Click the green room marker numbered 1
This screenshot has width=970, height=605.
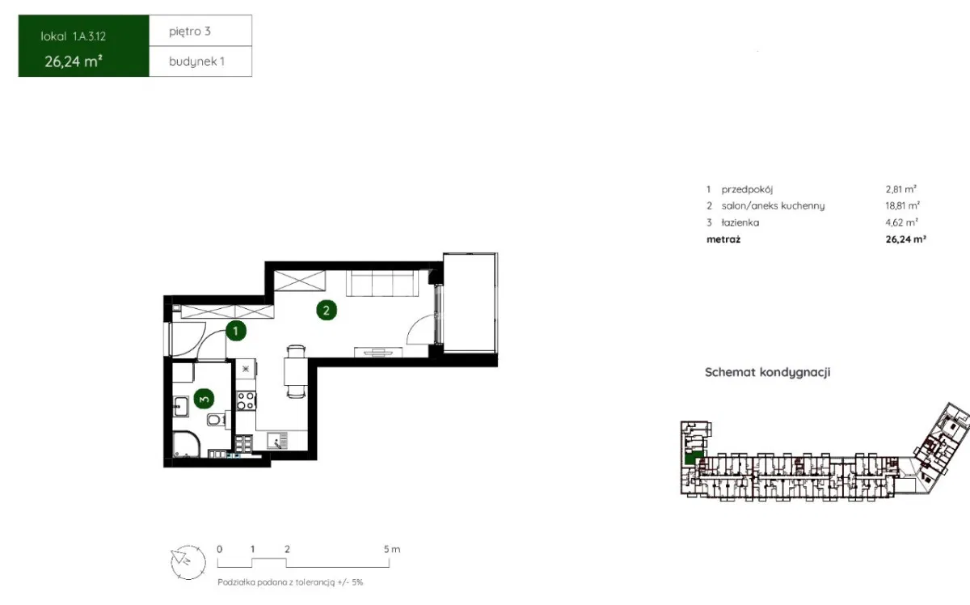[x=235, y=331]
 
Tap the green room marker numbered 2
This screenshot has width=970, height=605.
[x=327, y=311]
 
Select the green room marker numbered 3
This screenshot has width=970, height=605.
[x=204, y=399]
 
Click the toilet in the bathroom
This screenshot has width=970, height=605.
[x=217, y=420]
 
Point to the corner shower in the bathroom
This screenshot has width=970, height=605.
[x=186, y=444]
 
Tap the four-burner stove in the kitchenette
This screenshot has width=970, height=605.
[x=246, y=400]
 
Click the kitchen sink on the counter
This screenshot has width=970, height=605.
[x=277, y=440]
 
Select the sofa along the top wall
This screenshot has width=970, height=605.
[x=382, y=283]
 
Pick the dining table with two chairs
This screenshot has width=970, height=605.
[x=296, y=371]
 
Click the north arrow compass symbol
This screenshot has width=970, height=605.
[x=188, y=562]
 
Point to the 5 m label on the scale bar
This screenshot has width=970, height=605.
[x=392, y=549]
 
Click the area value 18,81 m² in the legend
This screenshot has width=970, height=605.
[x=902, y=205]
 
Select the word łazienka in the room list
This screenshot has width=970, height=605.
[x=740, y=222]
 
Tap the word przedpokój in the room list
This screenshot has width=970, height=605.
[x=747, y=189]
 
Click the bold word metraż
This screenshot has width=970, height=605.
[x=723, y=239]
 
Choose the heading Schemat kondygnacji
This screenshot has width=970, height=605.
[x=767, y=372]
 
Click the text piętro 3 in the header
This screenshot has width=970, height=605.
[x=190, y=32]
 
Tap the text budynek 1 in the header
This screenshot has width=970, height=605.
[x=196, y=61]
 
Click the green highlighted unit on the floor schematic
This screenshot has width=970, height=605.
[x=694, y=457]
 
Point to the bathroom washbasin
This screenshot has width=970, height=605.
[x=180, y=407]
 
